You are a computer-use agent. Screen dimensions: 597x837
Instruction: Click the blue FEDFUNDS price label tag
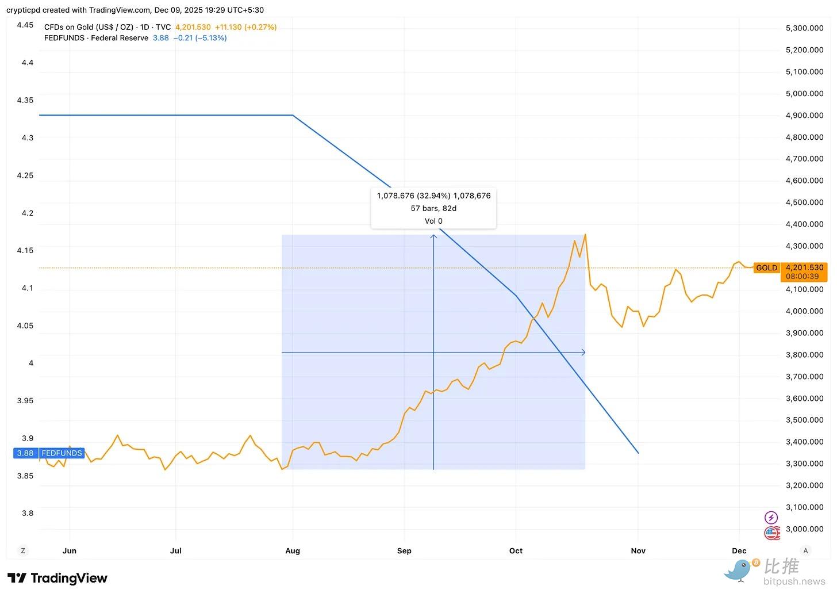49,453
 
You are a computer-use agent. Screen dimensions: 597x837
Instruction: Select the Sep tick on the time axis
404,550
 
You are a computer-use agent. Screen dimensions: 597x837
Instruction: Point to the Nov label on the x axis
638,550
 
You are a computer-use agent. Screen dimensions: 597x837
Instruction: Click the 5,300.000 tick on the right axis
804,28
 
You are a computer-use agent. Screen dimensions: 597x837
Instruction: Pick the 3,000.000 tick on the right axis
804,529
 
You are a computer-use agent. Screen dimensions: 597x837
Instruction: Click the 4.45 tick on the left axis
25,25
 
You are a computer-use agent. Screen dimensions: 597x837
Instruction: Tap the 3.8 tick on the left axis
27,513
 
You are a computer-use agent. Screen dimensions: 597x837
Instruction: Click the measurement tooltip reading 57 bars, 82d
433,208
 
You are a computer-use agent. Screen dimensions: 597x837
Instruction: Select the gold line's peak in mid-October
585,235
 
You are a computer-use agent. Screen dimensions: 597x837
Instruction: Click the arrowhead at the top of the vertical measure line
433,236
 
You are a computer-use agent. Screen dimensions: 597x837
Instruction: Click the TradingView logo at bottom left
57,578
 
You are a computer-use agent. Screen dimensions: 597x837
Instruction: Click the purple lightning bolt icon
771,518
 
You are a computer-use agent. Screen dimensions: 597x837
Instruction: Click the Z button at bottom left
23,550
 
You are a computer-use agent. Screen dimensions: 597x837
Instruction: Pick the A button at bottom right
805,550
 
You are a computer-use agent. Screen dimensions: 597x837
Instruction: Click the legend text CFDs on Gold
89,27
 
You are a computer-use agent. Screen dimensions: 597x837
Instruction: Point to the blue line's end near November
638,453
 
